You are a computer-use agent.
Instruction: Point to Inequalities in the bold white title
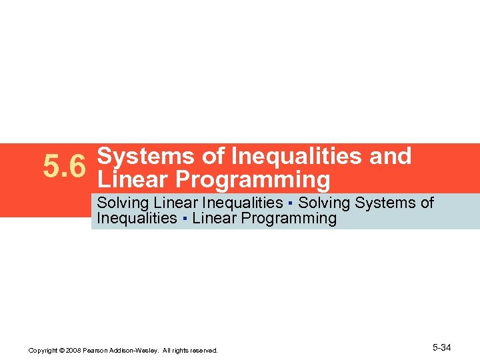click(293, 157)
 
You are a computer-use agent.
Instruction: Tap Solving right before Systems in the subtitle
click(325, 203)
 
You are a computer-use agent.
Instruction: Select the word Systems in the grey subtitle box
click(382, 203)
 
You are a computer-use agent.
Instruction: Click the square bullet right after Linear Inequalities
click(291, 203)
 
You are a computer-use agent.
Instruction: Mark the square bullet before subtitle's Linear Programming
click(185, 219)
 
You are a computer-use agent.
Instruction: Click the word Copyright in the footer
click(43, 350)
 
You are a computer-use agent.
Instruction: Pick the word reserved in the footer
click(203, 350)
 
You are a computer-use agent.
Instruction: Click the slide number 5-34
click(442, 347)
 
